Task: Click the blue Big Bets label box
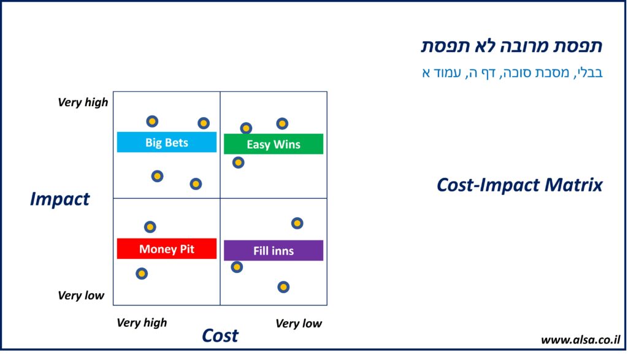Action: pos(166,142)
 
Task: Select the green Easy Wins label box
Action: pos(273,144)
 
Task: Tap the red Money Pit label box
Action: pos(166,248)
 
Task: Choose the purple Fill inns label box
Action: pos(273,250)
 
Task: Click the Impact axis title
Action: pos(59,199)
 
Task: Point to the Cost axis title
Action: pos(220,335)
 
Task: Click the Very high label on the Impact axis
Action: pos(82,102)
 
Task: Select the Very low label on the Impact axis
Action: pos(81,296)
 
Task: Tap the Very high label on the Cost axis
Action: pos(142,323)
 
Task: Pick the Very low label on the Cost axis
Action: pos(299,323)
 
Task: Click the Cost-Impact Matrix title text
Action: pos(519,185)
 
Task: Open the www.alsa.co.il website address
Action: pos(580,340)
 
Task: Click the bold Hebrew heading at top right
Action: pos(511,46)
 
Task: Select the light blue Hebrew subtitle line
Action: pos(512,72)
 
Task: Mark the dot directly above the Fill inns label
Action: pos(297,223)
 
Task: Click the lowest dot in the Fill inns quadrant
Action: pos(283,286)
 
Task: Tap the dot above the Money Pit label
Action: pos(150,227)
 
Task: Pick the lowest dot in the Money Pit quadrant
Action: pos(142,274)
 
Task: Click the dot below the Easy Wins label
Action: pos(239,163)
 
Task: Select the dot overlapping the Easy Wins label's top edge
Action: pos(246,128)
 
